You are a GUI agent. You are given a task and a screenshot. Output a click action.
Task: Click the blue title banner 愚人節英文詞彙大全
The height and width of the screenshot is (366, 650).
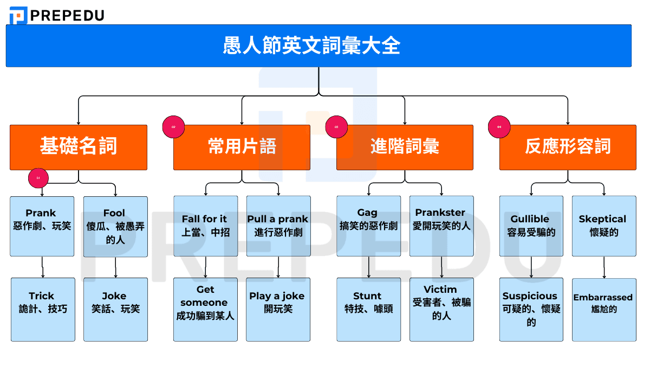point(318,46)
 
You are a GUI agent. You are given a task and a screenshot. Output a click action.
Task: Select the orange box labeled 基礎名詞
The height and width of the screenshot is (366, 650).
point(79,147)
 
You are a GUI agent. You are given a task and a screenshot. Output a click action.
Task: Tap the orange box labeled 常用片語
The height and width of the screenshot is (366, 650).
point(242,147)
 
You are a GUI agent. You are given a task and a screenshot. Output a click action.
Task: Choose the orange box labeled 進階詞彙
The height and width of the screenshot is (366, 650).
point(405,147)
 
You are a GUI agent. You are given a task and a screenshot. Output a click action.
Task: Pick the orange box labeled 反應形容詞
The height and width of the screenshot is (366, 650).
point(568,147)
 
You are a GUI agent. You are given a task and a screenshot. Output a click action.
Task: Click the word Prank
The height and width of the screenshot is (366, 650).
point(41,213)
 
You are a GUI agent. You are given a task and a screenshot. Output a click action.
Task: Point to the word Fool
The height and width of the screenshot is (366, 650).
point(114,213)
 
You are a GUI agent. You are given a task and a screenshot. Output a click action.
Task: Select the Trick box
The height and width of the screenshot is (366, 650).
point(43,309)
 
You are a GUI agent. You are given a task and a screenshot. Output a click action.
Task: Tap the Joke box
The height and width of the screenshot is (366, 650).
point(115,309)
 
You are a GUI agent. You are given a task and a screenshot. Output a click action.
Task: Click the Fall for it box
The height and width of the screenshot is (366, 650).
point(205,226)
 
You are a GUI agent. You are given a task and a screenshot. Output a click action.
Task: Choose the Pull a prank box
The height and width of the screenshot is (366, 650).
point(278,226)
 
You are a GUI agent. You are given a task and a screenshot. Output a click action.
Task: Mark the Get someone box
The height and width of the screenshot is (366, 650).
point(205,309)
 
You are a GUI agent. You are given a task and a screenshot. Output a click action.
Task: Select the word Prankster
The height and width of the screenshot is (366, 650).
point(440,213)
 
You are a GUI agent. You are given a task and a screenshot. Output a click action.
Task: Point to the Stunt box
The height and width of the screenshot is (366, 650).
point(368,309)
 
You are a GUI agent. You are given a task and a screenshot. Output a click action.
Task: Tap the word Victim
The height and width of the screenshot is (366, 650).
point(440,290)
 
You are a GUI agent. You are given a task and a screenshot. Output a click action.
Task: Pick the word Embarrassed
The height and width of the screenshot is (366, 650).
point(603,297)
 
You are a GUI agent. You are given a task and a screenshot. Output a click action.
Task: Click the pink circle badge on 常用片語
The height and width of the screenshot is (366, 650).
point(174,127)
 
